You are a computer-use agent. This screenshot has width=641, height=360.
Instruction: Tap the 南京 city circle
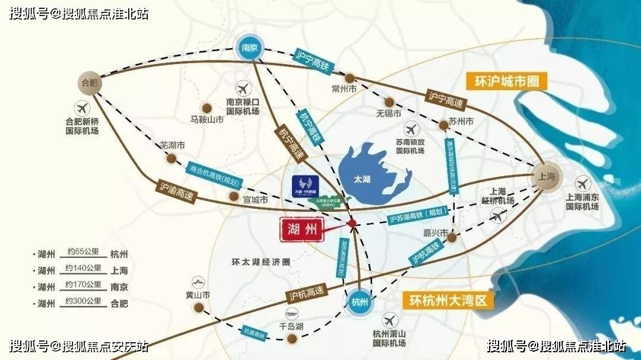pyautogui.click(x=249, y=47)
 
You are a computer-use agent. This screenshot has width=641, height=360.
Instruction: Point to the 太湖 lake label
pyautogui.click(x=362, y=179)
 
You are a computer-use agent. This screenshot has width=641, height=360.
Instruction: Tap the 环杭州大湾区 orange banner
pyautogui.click(x=448, y=300)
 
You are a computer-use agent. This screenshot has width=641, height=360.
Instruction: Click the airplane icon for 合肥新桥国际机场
pyautogui.click(x=82, y=109)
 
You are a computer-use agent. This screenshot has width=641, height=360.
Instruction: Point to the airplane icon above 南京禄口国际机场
pyautogui.click(x=243, y=90)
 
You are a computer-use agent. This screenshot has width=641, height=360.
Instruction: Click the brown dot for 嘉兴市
pyautogui.click(x=451, y=237)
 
